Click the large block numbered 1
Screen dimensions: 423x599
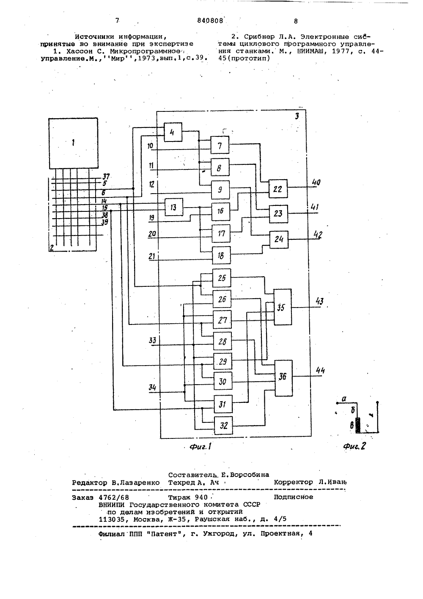pos(73,143)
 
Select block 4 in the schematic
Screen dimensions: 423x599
pos(173,132)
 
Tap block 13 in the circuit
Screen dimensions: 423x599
pos(174,207)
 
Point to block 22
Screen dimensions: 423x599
pos(278,189)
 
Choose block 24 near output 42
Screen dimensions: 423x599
pos(279,239)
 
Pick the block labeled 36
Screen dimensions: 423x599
pos(283,378)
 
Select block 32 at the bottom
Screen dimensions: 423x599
pos(223,425)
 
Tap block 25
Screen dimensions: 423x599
pos(222,278)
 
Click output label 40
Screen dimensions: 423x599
pos(316,183)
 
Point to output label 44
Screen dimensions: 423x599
pos(320,371)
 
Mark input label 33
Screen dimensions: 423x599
pos(152,341)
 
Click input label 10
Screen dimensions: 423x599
pos(150,146)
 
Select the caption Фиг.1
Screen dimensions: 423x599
pos(200,446)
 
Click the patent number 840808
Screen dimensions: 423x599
pos(210,21)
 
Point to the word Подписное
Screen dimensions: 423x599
pos(294,497)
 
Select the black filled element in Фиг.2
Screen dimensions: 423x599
pos(358,425)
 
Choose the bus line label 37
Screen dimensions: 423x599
pos(106,177)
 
